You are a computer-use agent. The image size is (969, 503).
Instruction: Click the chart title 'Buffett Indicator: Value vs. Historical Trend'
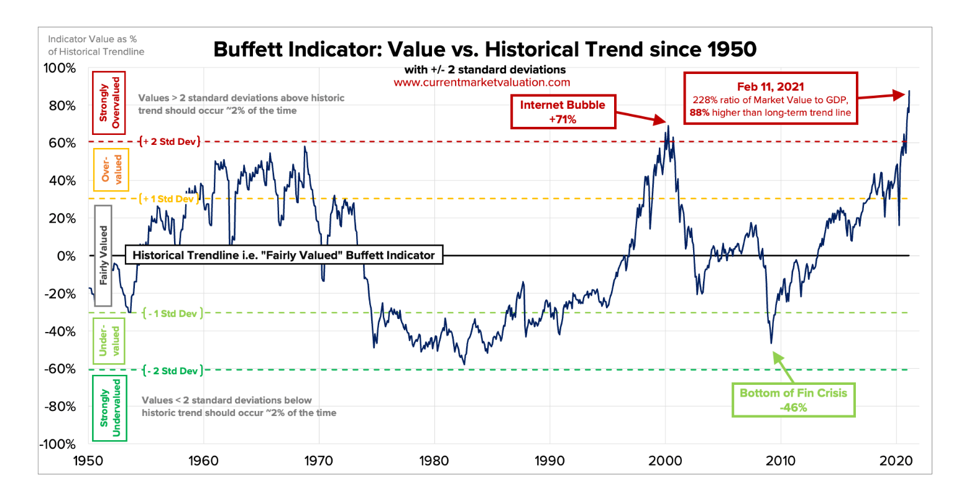point(485,49)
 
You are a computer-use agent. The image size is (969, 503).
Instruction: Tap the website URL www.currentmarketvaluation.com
point(482,82)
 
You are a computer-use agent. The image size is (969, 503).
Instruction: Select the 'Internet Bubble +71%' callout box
point(563,112)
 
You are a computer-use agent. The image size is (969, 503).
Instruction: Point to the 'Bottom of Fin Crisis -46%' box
point(793,400)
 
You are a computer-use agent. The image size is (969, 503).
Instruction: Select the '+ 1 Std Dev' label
point(169,199)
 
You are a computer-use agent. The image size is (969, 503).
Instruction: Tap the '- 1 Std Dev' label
point(172,313)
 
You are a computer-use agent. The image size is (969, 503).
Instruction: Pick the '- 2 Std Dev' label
point(172,371)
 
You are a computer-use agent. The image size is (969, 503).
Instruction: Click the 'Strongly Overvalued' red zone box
point(109,103)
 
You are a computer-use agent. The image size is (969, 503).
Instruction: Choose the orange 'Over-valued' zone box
point(111,169)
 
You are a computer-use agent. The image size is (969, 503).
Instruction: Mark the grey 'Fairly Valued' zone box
point(103,255)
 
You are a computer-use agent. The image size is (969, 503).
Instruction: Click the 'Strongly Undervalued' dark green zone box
point(109,408)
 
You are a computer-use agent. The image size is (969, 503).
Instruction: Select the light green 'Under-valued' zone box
point(109,341)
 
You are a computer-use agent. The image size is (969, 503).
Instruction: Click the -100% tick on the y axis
point(58,445)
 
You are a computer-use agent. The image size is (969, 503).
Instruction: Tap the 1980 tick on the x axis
point(434,461)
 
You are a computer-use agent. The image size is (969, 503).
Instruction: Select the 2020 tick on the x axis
point(896,461)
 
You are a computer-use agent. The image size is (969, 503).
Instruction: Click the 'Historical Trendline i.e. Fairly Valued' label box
point(284,255)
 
